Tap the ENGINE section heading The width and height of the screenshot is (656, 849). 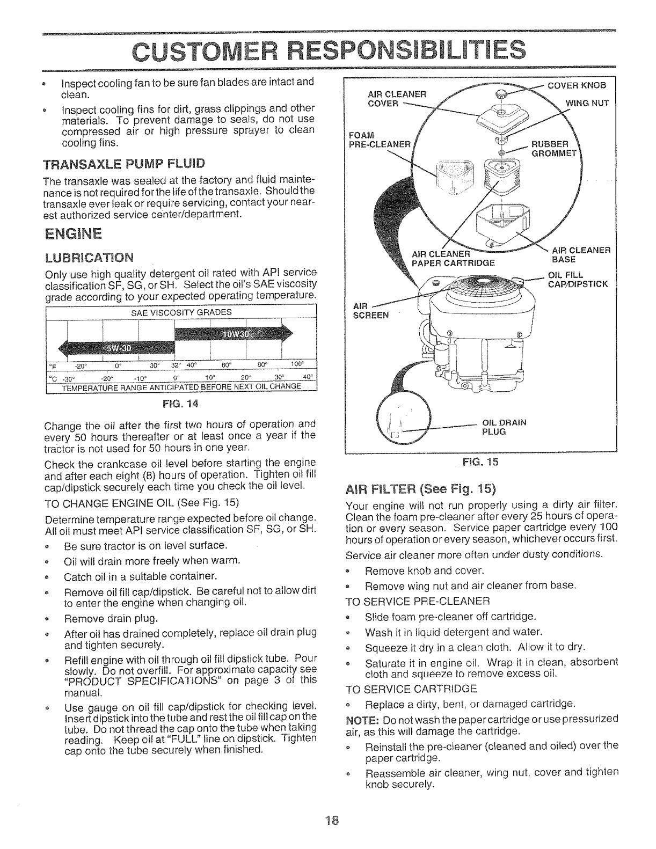tap(74, 234)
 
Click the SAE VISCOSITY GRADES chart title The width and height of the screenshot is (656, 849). tap(181, 312)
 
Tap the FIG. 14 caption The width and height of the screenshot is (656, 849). tap(182, 400)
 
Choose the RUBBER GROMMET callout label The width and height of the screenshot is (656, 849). tap(552, 148)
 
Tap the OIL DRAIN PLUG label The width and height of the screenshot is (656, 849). tap(505, 427)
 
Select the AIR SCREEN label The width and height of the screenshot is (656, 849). tap(370, 311)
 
